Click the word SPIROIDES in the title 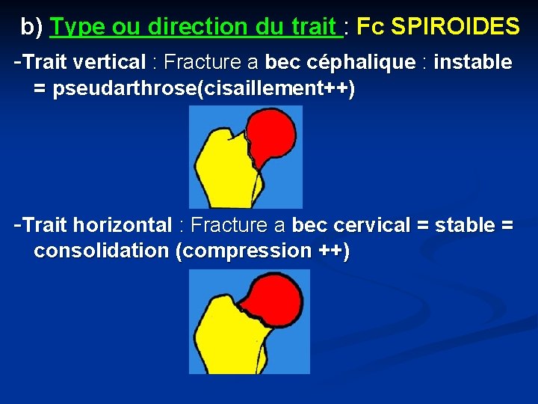(x=455, y=27)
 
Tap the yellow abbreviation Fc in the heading (x=371, y=27)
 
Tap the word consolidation (x=102, y=251)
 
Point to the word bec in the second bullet (x=309, y=225)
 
